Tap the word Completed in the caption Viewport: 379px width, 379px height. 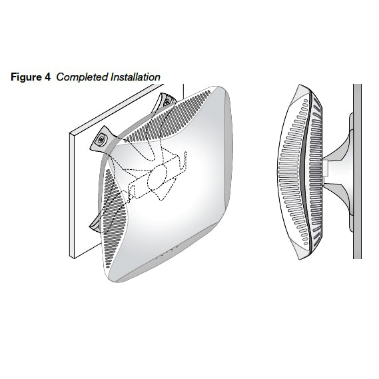(82, 77)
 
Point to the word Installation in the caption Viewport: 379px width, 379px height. (135, 77)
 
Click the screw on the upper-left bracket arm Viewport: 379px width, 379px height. (101, 139)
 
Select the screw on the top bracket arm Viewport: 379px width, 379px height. (167, 101)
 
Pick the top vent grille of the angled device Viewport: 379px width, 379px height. (167, 116)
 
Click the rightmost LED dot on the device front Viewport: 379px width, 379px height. (177, 247)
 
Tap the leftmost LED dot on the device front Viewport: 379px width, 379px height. (157, 258)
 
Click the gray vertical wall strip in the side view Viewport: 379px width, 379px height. (357, 172)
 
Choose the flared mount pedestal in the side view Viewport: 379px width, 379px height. (338, 172)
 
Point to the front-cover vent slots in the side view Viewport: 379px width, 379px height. (294, 172)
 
